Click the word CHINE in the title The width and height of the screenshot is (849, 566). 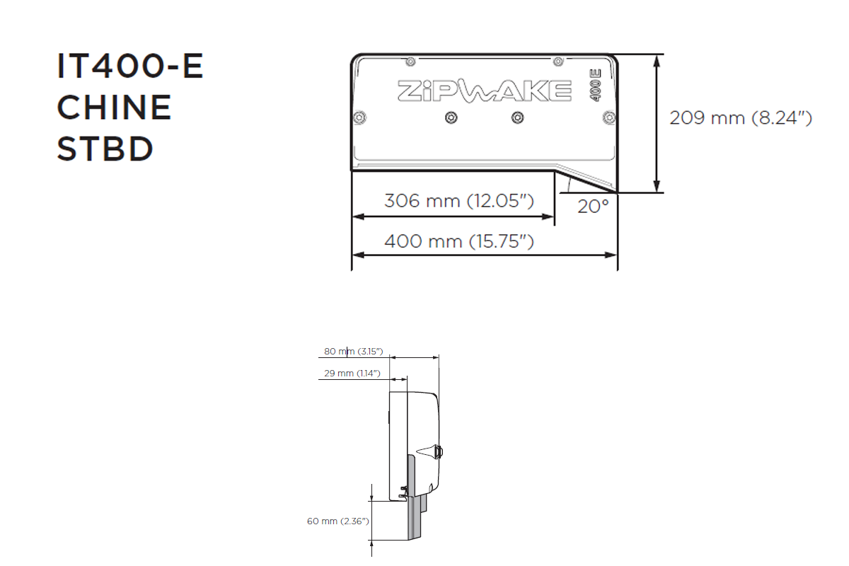[113, 108]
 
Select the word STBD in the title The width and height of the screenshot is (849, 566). [105, 149]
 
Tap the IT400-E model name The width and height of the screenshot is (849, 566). [129, 67]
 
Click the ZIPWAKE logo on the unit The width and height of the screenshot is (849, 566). [484, 91]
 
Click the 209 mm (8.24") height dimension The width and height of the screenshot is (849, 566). [740, 118]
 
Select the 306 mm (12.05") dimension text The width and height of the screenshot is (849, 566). [458, 200]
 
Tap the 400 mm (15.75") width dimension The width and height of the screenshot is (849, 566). [458, 241]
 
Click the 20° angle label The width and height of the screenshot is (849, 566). [592, 207]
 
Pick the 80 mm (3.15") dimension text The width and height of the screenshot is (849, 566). [353, 351]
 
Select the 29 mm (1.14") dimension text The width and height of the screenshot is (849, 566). [352, 373]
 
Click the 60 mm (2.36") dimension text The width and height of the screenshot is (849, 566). [337, 521]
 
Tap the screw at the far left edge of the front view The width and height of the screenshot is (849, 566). [359, 116]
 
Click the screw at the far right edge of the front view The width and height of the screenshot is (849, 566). [608, 116]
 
